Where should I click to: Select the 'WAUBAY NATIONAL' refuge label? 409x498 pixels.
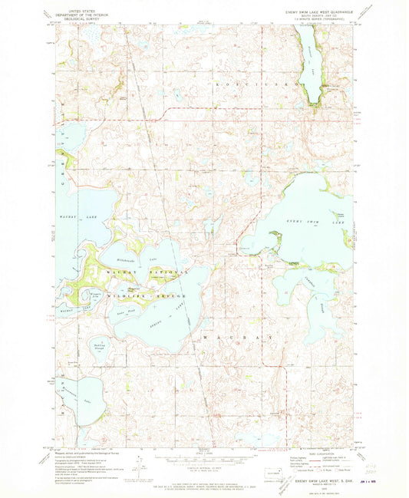(x=146, y=272)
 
